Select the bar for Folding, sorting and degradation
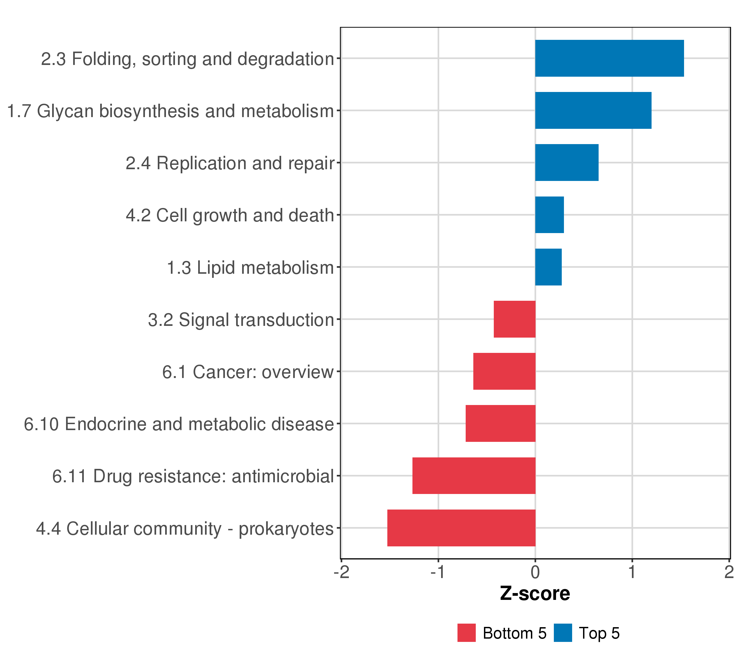tap(609, 58)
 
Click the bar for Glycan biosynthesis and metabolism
tap(593, 110)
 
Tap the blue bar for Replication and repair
tap(567, 163)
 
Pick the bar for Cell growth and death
tap(549, 215)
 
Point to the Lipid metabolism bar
tap(548, 267)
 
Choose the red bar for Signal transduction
tap(515, 319)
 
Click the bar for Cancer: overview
tap(504, 371)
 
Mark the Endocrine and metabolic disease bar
tap(500, 424)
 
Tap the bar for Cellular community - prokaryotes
tap(462, 528)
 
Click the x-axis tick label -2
tap(341, 572)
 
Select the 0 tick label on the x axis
tap(536, 572)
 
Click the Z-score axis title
tap(535, 593)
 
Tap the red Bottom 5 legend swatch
tap(466, 633)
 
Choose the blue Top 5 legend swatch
tap(563, 633)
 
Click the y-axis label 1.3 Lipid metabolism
tap(250, 268)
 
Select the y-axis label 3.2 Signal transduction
tap(241, 320)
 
